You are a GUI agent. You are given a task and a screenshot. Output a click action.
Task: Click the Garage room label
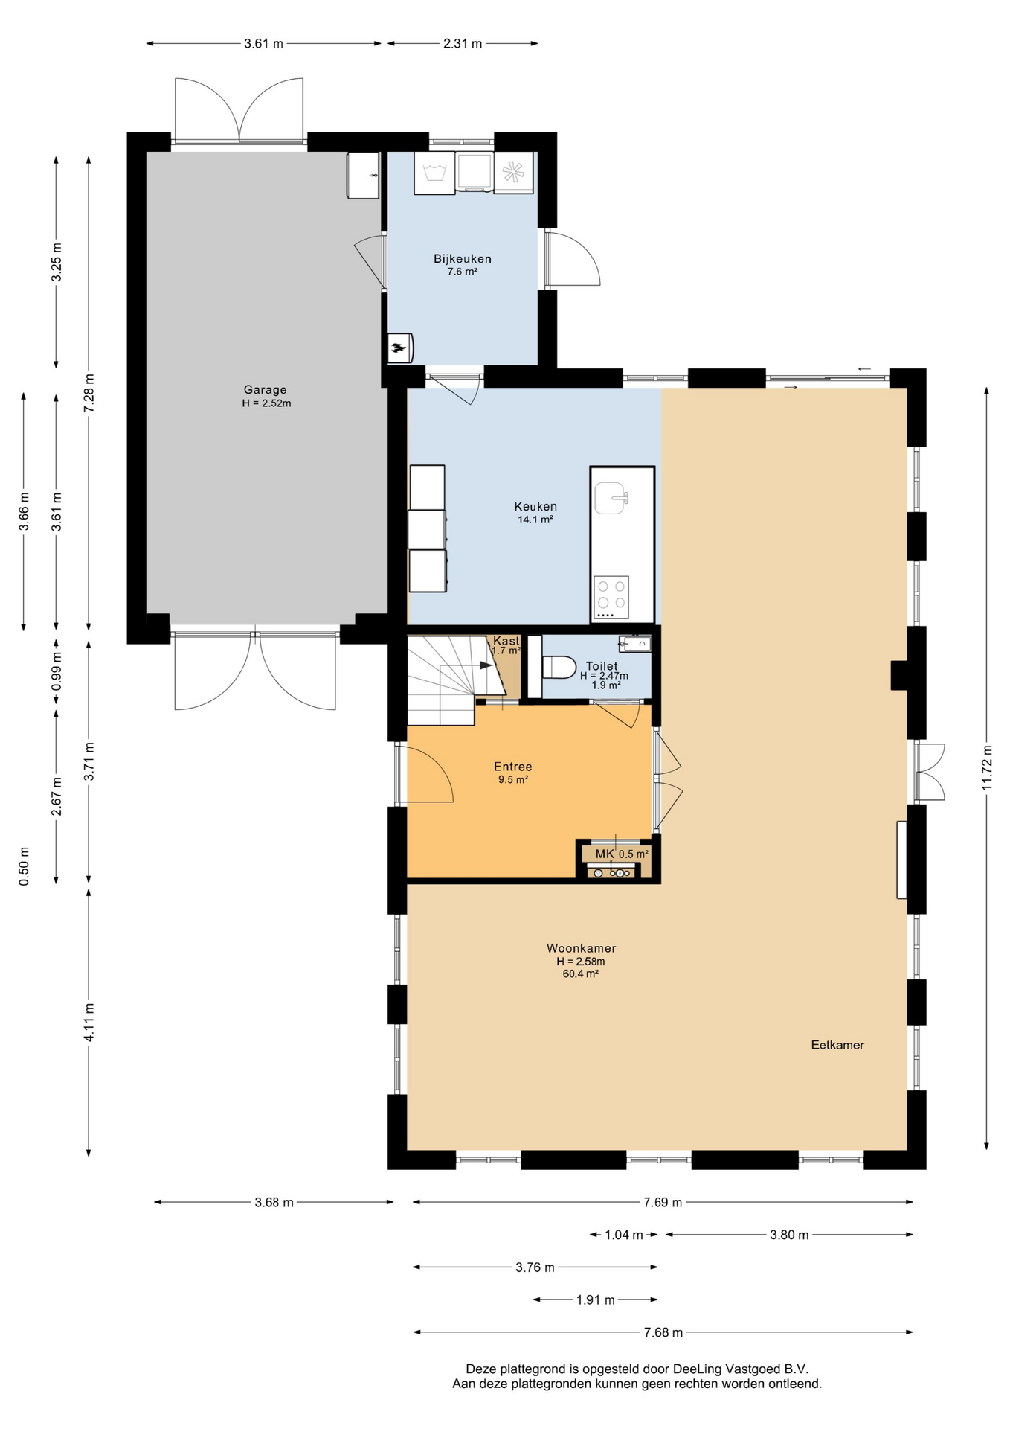click(265, 389)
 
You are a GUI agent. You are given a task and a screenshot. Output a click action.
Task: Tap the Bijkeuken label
click(463, 259)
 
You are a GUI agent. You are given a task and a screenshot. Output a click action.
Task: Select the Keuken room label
click(535, 507)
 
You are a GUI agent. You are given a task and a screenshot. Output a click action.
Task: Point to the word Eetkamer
click(837, 1045)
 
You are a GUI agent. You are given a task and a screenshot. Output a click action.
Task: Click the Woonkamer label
click(581, 948)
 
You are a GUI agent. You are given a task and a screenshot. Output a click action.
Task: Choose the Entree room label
click(513, 767)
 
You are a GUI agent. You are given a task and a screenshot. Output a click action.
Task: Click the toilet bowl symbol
click(559, 667)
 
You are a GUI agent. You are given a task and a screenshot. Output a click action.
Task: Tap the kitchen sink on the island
click(611, 498)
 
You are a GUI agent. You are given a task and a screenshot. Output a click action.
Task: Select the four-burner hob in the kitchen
click(611, 598)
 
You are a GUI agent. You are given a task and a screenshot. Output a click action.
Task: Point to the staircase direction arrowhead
click(487, 665)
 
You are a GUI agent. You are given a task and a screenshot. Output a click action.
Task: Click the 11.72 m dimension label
click(987, 767)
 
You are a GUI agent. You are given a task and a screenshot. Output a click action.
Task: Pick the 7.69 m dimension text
click(663, 1202)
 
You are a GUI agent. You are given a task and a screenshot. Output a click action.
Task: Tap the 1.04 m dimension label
click(623, 1235)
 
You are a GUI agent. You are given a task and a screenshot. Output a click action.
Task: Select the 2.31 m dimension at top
click(463, 43)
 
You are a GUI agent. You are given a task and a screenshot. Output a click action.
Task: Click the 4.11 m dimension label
click(89, 1022)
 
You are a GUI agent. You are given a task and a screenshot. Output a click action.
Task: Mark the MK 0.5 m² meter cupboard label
click(622, 854)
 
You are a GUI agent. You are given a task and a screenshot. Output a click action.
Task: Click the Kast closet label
click(506, 641)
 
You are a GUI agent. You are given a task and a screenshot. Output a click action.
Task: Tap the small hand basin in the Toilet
click(634, 643)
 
